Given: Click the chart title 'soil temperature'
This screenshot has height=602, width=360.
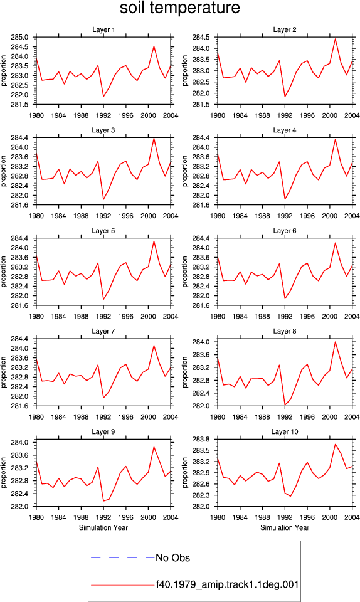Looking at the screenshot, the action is tap(179, 8).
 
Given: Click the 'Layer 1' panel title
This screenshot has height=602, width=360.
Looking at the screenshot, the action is tap(103, 29).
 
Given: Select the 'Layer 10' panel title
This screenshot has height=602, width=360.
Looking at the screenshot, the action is tap(284, 431).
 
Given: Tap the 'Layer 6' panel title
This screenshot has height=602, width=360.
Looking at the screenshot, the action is tap(284, 230).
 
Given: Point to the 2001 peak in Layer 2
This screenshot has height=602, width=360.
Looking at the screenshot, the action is tap(335, 38).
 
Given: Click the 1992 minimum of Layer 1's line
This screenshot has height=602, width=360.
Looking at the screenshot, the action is tap(103, 97).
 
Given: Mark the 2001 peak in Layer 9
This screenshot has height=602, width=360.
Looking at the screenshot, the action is tap(154, 446).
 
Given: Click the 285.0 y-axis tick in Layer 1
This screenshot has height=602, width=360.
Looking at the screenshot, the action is tap(20, 37).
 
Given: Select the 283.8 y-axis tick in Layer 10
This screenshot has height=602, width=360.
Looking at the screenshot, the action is tap(202, 439).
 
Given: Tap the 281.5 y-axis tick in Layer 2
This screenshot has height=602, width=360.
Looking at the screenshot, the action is tap(202, 105).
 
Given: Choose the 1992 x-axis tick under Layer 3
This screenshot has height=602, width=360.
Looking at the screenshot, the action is tap(103, 216).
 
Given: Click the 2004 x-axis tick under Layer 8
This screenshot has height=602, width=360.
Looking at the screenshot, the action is tap(352, 417).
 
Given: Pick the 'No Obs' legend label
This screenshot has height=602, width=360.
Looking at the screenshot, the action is tap(172, 558).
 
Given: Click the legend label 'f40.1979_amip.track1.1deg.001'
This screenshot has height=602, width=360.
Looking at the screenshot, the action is tap(227, 584).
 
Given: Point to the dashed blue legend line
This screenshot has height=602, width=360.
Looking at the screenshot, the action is tap(123, 557).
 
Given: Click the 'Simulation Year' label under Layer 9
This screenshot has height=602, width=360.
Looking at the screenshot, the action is tap(103, 527).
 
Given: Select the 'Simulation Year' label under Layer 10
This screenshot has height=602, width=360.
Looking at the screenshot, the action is tap(284, 527).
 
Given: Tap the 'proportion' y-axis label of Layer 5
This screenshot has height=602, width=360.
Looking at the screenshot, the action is tap(4, 272).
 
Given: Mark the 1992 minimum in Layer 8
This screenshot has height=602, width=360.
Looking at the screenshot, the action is tap(285, 405).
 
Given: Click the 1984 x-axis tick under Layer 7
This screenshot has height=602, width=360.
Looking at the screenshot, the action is tap(59, 417).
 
